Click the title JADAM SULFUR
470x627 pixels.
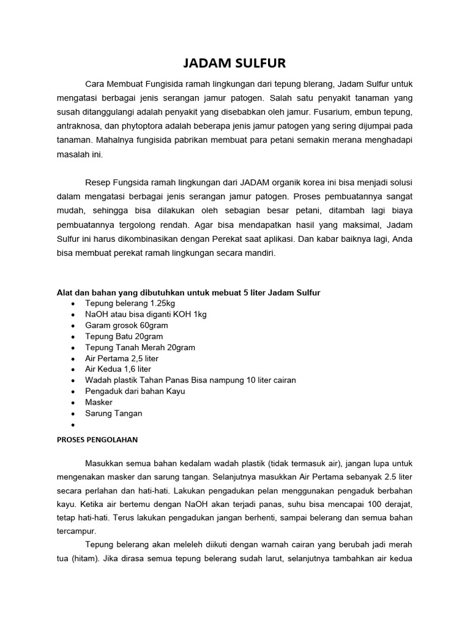pos(234,62)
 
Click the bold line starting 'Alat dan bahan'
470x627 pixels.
pos(188,293)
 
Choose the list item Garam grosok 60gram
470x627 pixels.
pos(127,326)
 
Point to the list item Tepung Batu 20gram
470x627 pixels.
pos(124,337)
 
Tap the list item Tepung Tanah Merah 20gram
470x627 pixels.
pos(140,348)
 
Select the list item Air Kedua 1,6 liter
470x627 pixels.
pos(118,369)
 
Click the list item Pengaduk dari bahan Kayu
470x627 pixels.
pos(135,391)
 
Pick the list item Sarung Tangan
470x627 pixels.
pos(114,413)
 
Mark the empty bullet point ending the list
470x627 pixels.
pos(73,424)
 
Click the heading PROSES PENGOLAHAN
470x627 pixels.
pos(97,439)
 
